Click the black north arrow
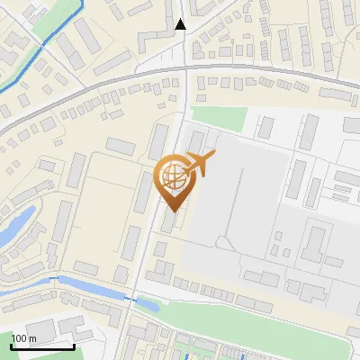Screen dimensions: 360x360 [x=181, y=24]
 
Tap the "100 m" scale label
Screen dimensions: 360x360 [x=23, y=338]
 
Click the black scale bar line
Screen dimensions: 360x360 [x=41, y=346]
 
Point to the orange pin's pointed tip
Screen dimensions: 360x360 [x=171, y=211]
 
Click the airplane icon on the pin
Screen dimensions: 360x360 [x=200, y=165]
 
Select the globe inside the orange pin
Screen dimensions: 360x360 [x=171, y=176]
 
